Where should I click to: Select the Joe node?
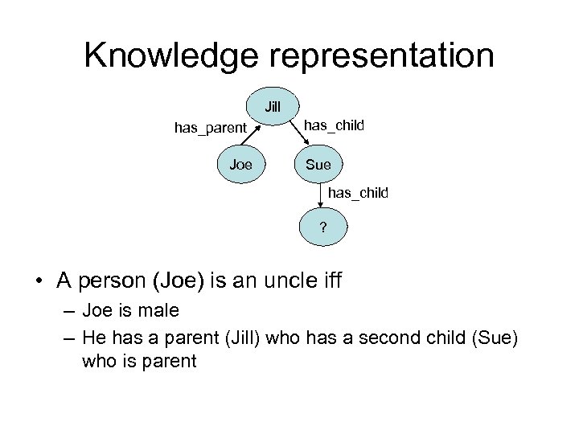240,165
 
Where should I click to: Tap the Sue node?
318,165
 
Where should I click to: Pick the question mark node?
322,227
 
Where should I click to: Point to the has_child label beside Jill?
334,125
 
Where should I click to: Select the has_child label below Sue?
358,193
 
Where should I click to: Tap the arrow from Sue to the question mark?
321,196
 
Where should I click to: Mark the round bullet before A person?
39,281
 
